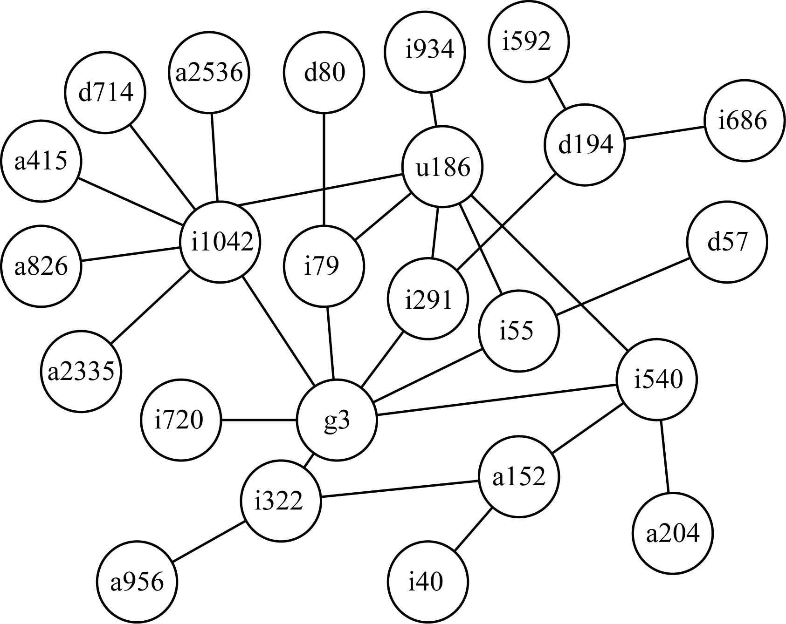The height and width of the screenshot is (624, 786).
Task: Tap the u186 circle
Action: (x=442, y=167)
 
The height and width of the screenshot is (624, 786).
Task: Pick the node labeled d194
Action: (x=585, y=145)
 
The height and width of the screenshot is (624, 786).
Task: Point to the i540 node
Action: (x=657, y=380)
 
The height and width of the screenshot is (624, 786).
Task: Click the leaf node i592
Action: (x=528, y=42)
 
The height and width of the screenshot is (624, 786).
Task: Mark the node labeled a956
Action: (x=138, y=582)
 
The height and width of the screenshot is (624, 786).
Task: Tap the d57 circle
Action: (x=726, y=242)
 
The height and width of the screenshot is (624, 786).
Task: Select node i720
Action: (x=180, y=421)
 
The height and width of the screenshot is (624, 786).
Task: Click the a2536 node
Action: (x=209, y=73)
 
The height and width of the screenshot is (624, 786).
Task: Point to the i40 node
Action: (x=427, y=582)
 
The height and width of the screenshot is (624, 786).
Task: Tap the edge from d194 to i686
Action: (x=664, y=133)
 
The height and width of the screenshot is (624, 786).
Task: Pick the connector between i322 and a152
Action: (x=400, y=489)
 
